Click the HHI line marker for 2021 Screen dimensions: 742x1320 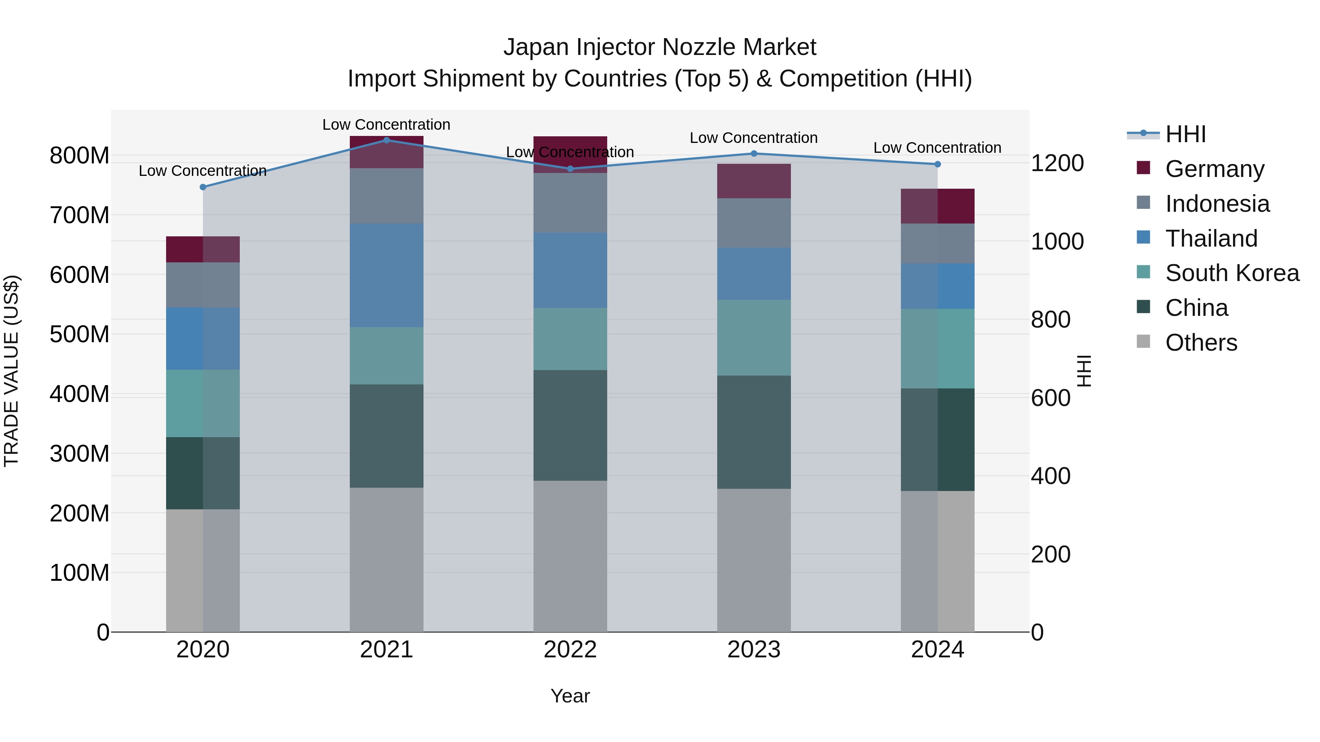point(386,140)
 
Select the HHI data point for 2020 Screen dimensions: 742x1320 point(203,187)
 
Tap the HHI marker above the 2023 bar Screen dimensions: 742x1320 point(754,154)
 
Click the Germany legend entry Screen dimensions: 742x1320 point(1214,169)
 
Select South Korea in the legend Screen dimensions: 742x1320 point(1232,273)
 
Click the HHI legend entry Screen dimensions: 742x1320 point(1185,134)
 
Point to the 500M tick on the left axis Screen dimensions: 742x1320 point(80,335)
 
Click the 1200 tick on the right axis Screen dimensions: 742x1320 point(1057,163)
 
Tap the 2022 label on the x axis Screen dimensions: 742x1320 point(570,650)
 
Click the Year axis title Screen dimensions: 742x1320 point(570,696)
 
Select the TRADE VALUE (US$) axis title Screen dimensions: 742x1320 point(12,371)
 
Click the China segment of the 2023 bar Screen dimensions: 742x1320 point(754,432)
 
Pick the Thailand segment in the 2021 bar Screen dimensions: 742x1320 point(386,275)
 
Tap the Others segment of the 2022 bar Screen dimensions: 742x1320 point(570,556)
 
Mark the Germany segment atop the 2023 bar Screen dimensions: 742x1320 point(754,181)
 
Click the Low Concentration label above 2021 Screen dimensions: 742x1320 point(386,125)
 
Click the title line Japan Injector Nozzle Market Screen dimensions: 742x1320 point(660,47)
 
